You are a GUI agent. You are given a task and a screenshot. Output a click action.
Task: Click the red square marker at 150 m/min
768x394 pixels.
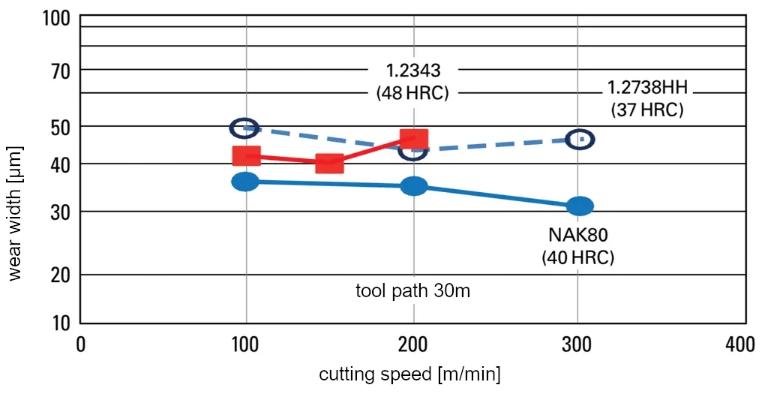click(329, 163)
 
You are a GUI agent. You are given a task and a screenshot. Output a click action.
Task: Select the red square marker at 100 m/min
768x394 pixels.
click(246, 155)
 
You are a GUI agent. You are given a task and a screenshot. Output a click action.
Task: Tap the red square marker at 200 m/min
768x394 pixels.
click(413, 138)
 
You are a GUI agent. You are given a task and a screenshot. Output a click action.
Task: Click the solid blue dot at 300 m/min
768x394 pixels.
click(579, 206)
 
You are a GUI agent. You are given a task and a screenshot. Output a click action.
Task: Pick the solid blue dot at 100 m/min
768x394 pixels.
click(245, 181)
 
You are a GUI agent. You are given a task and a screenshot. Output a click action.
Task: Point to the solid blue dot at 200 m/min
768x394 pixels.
click(413, 186)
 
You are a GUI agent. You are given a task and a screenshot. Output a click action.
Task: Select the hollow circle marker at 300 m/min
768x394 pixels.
click(580, 139)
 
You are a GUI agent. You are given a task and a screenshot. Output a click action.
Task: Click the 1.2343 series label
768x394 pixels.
click(412, 71)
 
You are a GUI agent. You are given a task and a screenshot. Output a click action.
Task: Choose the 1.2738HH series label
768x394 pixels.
click(646, 89)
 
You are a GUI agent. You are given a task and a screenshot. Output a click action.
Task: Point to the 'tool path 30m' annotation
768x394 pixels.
click(412, 291)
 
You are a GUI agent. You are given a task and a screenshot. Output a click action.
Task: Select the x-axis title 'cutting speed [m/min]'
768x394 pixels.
click(409, 374)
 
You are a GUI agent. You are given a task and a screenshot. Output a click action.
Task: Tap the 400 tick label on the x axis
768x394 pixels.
click(739, 344)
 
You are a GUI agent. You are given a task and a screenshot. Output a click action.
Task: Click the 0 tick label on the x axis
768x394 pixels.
click(81, 344)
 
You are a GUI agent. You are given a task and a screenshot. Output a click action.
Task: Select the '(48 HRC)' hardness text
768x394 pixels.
click(412, 94)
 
